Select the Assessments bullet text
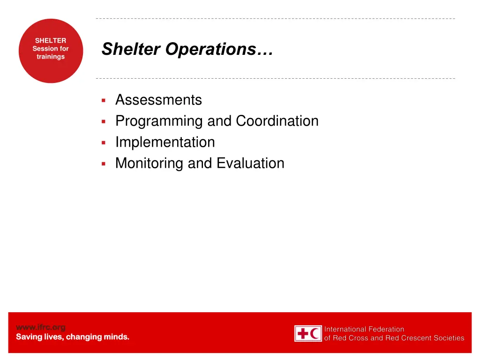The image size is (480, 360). tap(158, 100)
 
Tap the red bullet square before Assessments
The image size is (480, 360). tap(104, 100)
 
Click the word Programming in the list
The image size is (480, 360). tap(159, 121)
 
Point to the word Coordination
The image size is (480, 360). tap(277, 121)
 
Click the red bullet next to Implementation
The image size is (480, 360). tap(104, 142)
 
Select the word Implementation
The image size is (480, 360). tap(165, 142)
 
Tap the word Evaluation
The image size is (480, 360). tap(250, 163)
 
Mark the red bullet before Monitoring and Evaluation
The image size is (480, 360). tap(104, 164)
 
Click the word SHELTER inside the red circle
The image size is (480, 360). tap(51, 41)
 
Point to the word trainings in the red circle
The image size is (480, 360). tap(51, 57)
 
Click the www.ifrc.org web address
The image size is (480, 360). tap(41, 327)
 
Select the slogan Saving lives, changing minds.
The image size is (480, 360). tap(73, 337)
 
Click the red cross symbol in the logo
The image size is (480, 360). tap(302, 334)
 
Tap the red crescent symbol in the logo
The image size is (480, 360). tap(315, 334)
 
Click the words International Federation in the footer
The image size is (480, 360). tap(364, 329)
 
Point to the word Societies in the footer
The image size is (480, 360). tap(449, 338)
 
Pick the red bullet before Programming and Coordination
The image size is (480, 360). tap(104, 121)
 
